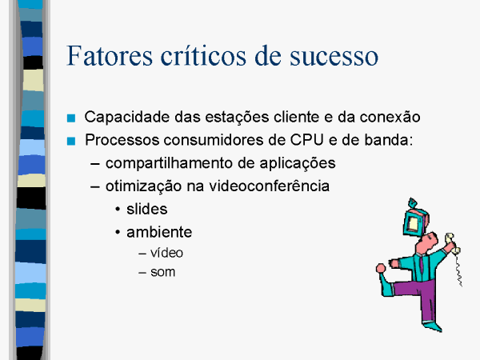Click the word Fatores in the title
110,55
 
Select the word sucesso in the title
334,57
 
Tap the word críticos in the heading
203,55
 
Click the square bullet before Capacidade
71,118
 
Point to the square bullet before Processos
71,141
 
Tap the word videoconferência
269,186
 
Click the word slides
147,209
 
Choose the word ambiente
159,232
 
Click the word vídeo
167,253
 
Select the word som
163,272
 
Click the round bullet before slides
118,210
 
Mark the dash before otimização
95,186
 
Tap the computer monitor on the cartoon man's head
416,221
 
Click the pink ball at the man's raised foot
381,269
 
